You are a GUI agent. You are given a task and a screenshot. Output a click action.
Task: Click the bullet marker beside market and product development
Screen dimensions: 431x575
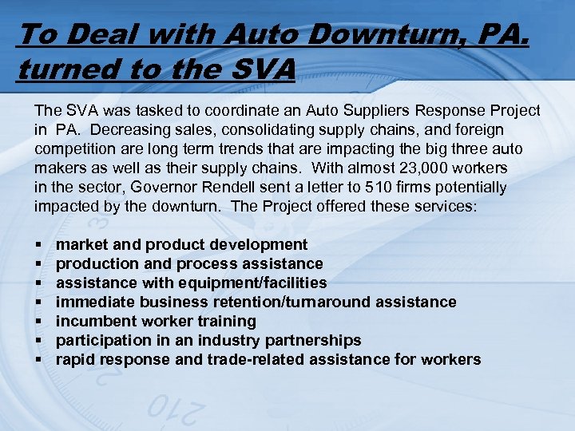38,244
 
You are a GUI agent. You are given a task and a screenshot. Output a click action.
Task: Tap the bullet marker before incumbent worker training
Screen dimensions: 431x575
38,321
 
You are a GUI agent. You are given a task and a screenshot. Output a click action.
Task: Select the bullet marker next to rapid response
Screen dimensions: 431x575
38,359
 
